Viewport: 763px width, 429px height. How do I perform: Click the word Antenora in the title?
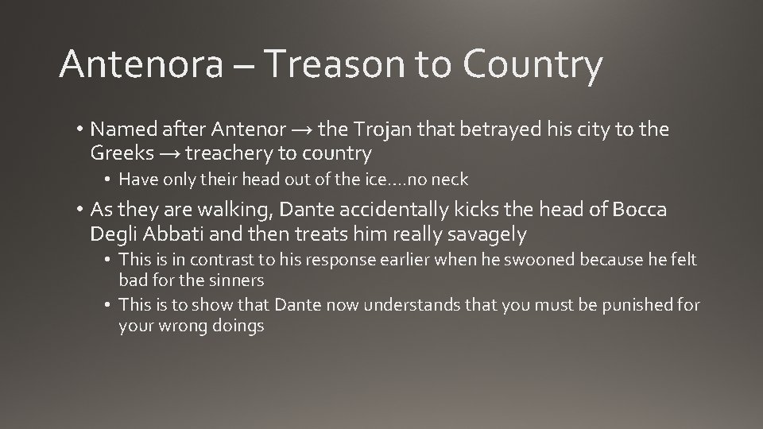click(140, 65)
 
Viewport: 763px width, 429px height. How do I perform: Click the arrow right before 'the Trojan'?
click(296, 129)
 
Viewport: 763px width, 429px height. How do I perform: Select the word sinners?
click(238, 280)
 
